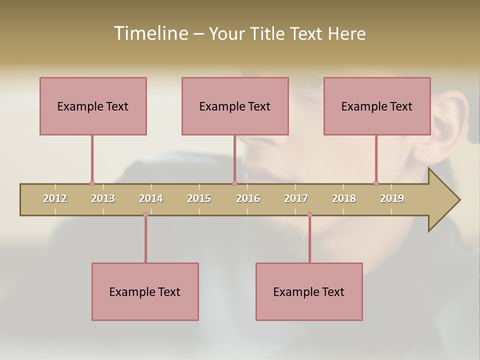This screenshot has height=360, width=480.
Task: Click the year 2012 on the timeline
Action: coord(55,198)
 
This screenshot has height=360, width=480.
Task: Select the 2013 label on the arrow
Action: coord(103,198)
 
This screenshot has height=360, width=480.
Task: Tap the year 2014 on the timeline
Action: coord(151,198)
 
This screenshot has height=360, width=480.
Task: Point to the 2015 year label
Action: coord(199,198)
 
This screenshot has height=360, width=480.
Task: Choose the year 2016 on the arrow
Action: coord(248,198)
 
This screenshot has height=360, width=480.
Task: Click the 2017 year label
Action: coord(296,198)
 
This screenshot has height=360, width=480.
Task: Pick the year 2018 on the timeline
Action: coord(344,198)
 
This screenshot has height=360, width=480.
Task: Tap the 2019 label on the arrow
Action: coord(392,198)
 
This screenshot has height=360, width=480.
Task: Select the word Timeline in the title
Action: coord(150,33)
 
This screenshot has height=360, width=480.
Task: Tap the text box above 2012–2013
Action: coord(93,106)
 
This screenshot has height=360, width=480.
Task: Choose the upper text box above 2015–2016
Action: coord(235,106)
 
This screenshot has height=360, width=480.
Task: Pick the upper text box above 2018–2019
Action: coord(377,106)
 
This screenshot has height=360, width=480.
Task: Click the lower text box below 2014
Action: coord(145,291)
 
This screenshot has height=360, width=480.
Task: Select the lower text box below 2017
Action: coord(309,291)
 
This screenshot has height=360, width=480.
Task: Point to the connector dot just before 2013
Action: coord(92,183)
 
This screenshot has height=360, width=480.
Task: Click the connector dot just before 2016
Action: coord(234,183)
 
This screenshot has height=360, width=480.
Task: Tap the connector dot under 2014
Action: coord(145,215)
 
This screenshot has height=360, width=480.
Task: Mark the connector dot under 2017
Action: coord(309,215)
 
